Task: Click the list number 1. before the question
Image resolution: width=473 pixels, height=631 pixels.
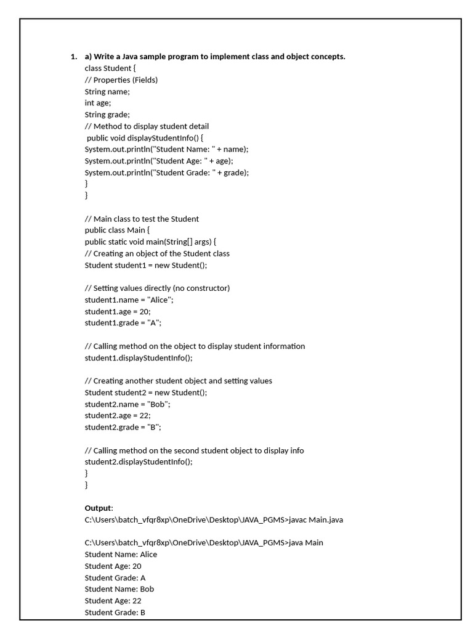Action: tap(73, 57)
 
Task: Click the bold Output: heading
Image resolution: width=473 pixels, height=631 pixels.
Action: tap(99, 508)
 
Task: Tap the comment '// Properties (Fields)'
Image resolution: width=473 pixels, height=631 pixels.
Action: tap(121, 80)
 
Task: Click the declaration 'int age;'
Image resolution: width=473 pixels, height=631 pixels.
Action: tap(98, 103)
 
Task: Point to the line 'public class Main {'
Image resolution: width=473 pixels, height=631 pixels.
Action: tap(117, 230)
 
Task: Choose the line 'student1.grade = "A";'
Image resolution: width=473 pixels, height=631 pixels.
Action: tap(123, 323)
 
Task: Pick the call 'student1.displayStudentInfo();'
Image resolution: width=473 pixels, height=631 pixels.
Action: tap(139, 358)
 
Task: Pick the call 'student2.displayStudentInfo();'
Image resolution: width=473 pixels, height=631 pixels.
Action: tap(139, 462)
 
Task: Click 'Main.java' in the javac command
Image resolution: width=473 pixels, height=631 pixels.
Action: tap(326, 520)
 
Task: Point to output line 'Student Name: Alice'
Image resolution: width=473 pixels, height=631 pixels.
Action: tap(121, 555)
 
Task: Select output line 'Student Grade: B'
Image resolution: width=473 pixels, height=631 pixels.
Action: tap(115, 613)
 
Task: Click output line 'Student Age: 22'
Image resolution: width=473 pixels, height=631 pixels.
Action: tap(113, 601)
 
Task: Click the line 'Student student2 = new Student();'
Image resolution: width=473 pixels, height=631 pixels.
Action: tap(146, 393)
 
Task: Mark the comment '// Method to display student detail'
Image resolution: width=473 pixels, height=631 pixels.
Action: tap(147, 126)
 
